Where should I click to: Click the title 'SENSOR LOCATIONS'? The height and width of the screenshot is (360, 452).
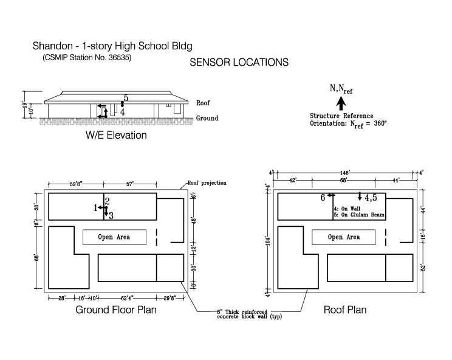[x=239, y=63]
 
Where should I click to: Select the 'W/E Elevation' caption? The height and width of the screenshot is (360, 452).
[x=116, y=135]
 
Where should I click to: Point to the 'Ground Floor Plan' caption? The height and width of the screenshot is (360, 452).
[x=115, y=310]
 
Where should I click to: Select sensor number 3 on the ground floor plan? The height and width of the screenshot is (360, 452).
[x=111, y=215]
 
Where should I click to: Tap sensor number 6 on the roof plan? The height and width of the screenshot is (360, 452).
[x=323, y=198]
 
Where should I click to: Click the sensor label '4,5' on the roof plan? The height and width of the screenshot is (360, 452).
[x=371, y=198]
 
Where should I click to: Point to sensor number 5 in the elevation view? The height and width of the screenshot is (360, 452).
[x=126, y=98]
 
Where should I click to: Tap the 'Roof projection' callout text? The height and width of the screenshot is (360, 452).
[x=207, y=182]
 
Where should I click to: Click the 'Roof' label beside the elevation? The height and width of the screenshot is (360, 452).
[x=204, y=103]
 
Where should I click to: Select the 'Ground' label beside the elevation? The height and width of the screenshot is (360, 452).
[x=207, y=118]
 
